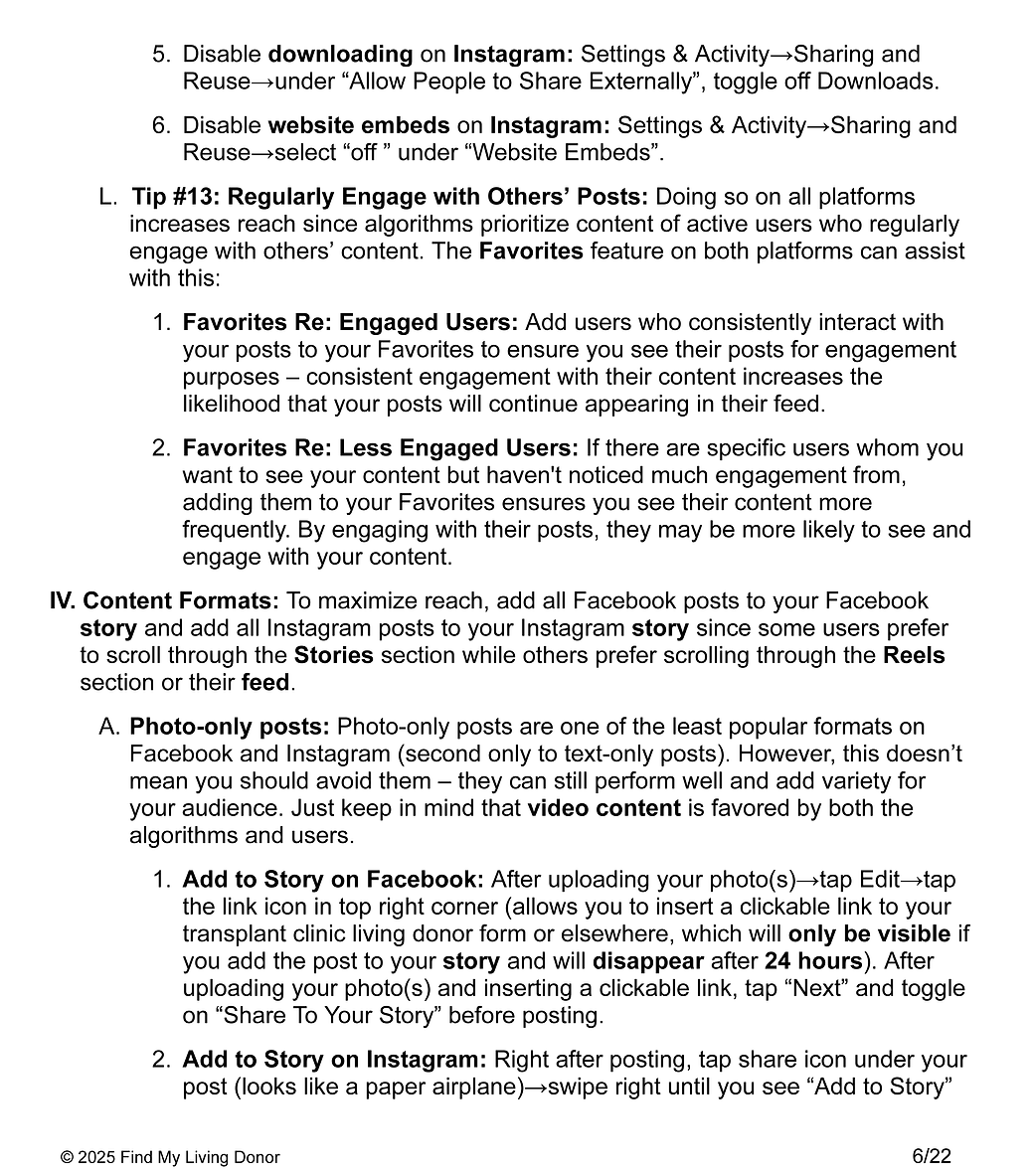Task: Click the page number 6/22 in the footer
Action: (931, 1155)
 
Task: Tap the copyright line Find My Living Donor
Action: (170, 1157)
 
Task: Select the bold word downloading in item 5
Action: (340, 55)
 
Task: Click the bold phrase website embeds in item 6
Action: (359, 126)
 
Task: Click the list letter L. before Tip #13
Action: (108, 198)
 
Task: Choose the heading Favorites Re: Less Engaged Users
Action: (380, 448)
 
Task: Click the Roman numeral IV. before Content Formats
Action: (64, 601)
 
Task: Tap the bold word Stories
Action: (333, 656)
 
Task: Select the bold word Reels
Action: (914, 656)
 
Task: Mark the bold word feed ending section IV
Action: (265, 683)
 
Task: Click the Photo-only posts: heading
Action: (230, 728)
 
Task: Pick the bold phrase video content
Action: (603, 809)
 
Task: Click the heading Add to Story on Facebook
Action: (332, 881)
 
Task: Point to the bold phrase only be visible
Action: (869, 935)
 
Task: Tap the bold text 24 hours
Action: (812, 962)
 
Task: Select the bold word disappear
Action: (648, 962)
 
